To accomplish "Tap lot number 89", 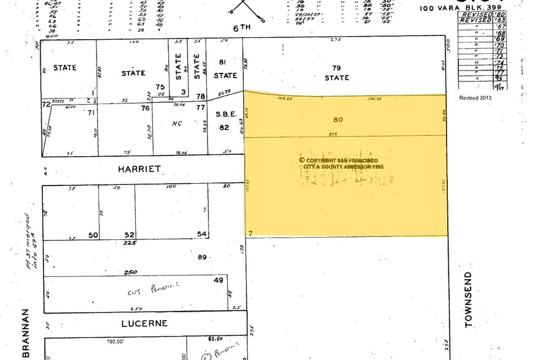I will [x=201, y=258].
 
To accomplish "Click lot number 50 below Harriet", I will [x=93, y=235].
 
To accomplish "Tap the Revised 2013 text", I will [x=475, y=97].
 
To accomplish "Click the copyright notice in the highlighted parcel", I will [x=339, y=163].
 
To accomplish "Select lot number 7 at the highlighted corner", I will [x=250, y=233].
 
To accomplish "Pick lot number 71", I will [x=92, y=113].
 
